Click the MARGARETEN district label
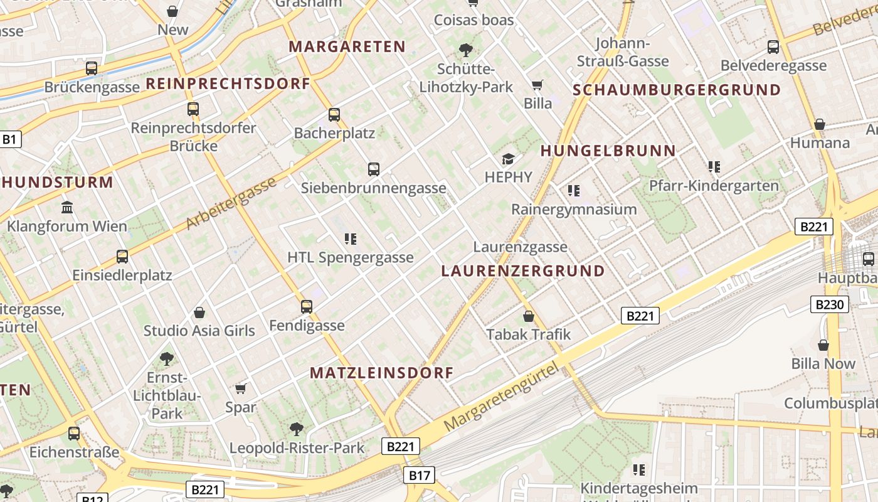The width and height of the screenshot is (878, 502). [x=347, y=46]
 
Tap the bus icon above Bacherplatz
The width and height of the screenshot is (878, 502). [x=334, y=114]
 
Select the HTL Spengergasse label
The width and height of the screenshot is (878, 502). [x=350, y=257]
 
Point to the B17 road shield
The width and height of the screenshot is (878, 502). [x=419, y=475]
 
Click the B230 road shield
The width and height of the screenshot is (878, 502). [x=830, y=305]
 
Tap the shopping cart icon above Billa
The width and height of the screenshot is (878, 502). [x=537, y=85]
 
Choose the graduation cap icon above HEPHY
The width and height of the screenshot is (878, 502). [x=508, y=159]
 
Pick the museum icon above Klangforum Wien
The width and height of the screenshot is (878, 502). [x=67, y=207]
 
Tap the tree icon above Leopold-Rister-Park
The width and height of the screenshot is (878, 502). [x=297, y=429]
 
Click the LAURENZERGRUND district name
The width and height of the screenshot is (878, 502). [x=523, y=271]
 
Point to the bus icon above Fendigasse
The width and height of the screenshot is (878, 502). [x=307, y=306]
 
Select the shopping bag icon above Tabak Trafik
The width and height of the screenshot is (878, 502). [x=529, y=316]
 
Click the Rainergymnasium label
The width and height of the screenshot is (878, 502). [x=574, y=209]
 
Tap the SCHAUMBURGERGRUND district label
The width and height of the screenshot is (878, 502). [x=677, y=90]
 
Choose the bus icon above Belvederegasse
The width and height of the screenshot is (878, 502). [x=773, y=46]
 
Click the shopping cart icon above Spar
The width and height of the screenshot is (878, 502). [x=240, y=388]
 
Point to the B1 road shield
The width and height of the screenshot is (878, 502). [x=9, y=139]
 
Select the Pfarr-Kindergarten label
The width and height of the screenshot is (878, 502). [x=714, y=186]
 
